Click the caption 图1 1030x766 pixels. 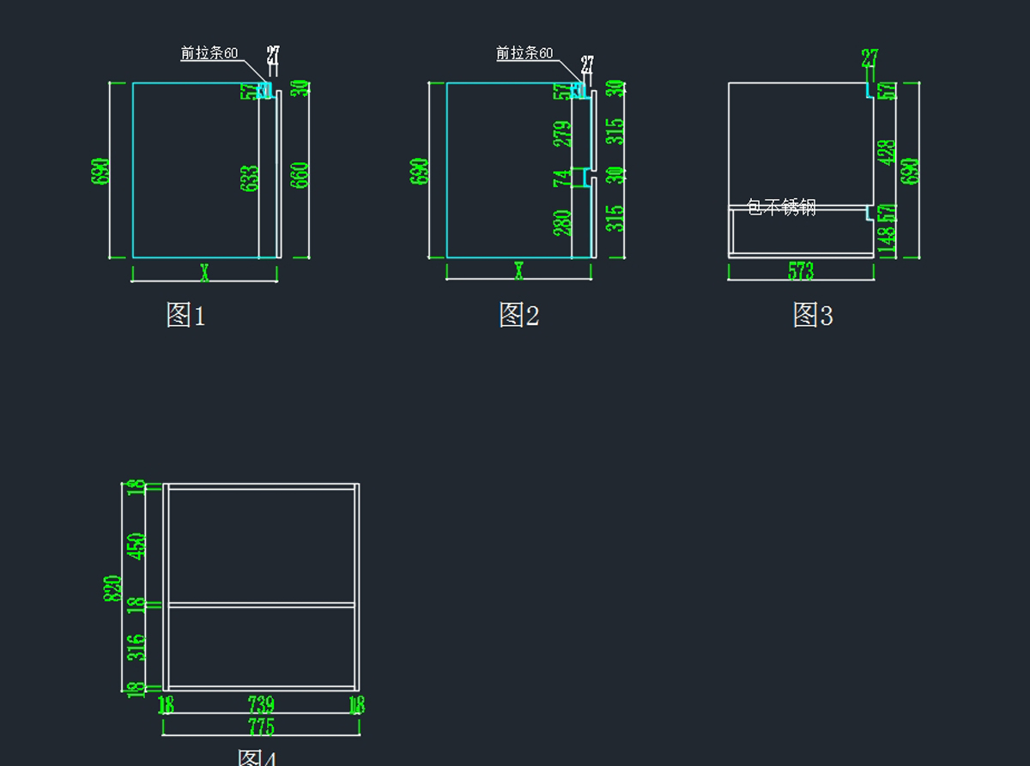185,315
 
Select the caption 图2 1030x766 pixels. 518,315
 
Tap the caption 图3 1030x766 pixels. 812,315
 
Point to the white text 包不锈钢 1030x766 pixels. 781,207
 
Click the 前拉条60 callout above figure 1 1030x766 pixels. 209,53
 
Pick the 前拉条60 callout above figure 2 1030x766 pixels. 524,53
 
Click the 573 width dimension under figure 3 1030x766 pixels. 800,271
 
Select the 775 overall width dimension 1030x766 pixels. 261,727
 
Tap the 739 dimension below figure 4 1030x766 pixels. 261,705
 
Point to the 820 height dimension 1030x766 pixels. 112,588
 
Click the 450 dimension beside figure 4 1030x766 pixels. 136,546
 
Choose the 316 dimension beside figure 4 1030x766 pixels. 136,648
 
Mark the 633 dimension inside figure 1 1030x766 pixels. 250,178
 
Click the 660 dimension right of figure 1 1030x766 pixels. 300,175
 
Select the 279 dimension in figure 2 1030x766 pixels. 562,135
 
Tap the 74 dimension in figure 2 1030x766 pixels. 562,178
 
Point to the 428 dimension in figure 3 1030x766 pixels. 887,152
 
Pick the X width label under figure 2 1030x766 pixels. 518,272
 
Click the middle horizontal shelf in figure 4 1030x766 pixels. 261,605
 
